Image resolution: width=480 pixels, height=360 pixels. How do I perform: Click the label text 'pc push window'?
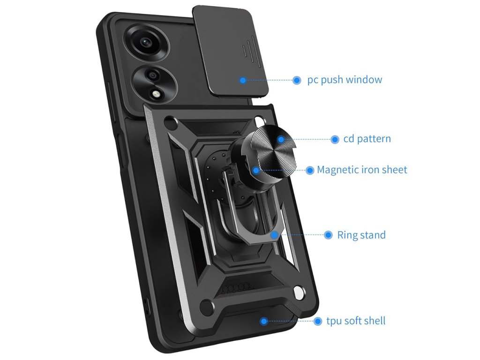click(x=345, y=80)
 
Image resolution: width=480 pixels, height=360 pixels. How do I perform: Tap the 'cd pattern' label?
click(x=367, y=139)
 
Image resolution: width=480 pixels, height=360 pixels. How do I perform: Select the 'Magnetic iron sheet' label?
click(x=362, y=170)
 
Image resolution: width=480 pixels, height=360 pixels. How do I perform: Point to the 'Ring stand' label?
click(x=361, y=235)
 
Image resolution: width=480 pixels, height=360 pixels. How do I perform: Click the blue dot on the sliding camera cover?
click(x=243, y=80)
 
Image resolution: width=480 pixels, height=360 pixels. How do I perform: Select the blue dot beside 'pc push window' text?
click(x=297, y=80)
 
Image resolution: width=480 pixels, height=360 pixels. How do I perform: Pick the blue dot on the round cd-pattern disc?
click(x=280, y=139)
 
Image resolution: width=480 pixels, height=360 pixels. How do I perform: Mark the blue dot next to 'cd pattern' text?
click(x=335, y=139)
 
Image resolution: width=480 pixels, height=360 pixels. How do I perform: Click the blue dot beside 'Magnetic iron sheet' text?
click(x=310, y=170)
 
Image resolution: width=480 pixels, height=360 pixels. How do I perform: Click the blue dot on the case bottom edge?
click(x=264, y=321)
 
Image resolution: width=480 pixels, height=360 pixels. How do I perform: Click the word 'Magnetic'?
click(x=337, y=170)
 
